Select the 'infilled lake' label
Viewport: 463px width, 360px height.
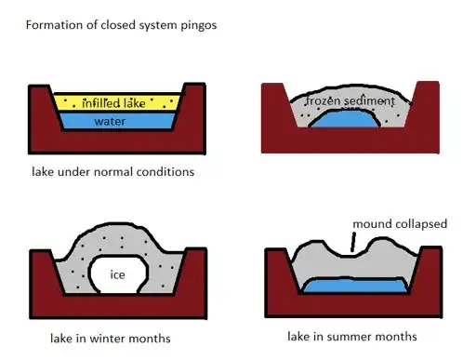113,103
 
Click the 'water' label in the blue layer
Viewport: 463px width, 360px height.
110,121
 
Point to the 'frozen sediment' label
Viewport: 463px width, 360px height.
351,101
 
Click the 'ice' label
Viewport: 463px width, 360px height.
117,274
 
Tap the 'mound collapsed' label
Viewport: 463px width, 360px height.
400,224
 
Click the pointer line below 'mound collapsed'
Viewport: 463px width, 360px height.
353,242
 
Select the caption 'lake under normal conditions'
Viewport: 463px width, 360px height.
113,171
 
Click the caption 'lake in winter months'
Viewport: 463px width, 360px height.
111,339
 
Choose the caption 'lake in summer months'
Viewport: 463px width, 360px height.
352,337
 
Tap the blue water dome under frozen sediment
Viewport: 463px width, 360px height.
345,119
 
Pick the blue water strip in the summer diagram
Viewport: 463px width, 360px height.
355,286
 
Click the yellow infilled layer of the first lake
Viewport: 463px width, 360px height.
117,102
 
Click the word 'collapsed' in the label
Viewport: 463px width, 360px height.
421,224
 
